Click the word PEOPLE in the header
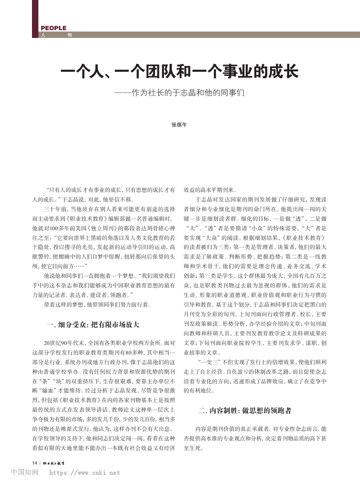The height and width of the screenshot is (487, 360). point(53,28)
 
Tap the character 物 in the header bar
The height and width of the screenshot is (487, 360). point(69,35)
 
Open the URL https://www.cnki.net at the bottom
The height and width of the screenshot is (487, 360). point(85,473)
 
